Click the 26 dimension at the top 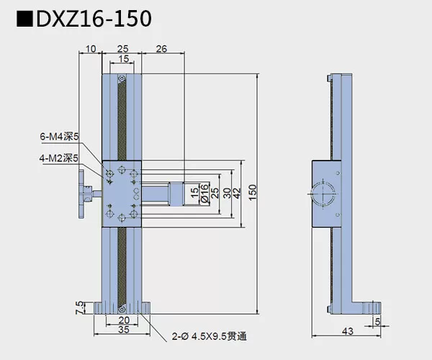point(162,49)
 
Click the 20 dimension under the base point(123,320)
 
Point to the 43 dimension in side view point(348,332)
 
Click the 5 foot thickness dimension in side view point(379,322)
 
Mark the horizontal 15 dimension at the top point(124,58)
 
